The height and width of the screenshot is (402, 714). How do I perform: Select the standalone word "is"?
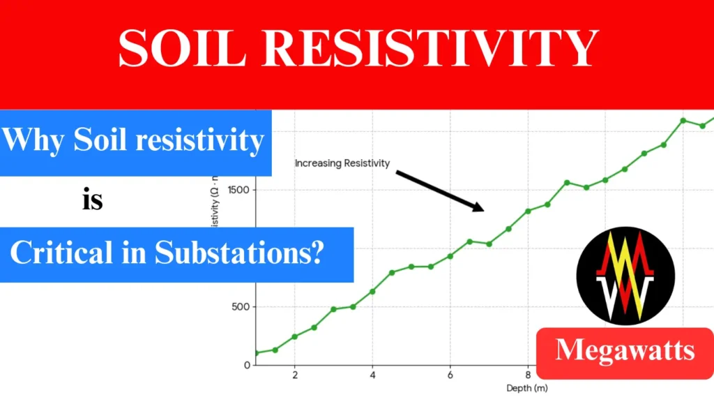click(x=92, y=201)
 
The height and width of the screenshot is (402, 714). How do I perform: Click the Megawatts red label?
click(x=625, y=350)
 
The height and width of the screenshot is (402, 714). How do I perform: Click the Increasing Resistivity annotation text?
click(x=342, y=163)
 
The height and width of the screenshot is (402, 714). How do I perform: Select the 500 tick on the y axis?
click(x=241, y=306)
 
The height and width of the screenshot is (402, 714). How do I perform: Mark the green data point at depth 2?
click(x=294, y=336)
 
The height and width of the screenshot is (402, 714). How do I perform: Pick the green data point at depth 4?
click(x=372, y=291)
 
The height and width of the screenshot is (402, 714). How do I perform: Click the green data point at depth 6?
click(x=450, y=256)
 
